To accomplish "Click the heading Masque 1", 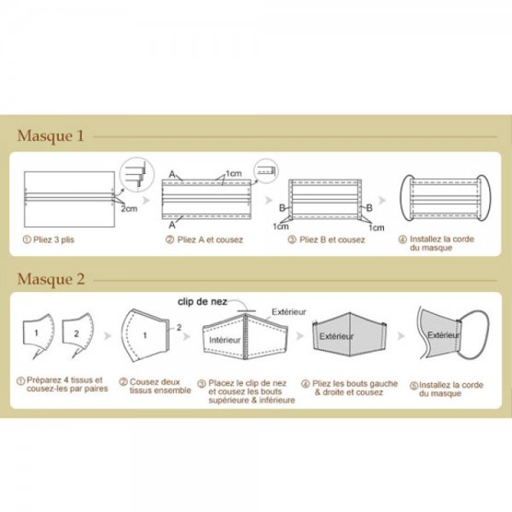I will pyautogui.click(x=50, y=136).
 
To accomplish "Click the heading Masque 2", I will pyautogui.click(x=51, y=278).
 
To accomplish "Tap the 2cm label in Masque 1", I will pyautogui.click(x=129, y=207).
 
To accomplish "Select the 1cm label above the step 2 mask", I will pyautogui.click(x=235, y=174).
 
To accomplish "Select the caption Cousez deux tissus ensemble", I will pyautogui.click(x=154, y=387).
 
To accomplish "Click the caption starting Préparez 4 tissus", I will pyautogui.click(x=59, y=386).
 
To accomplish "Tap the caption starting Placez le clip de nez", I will pyautogui.click(x=252, y=392).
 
